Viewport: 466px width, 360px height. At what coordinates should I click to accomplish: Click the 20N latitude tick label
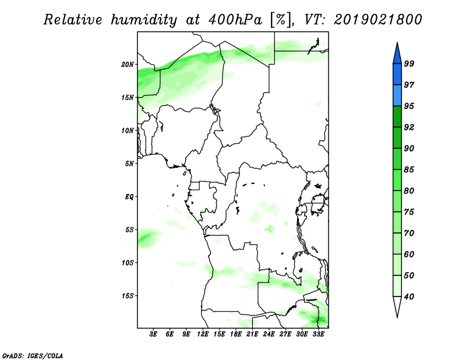pyautogui.click(x=128, y=65)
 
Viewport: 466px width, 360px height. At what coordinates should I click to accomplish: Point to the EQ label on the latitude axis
pyautogui.click(x=129, y=197)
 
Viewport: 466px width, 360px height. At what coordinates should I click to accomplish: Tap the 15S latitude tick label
pyautogui.click(x=128, y=296)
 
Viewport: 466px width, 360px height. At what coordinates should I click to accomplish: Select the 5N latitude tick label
pyautogui.click(x=129, y=164)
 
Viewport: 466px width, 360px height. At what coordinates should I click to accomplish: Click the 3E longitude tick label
pyautogui.click(x=153, y=334)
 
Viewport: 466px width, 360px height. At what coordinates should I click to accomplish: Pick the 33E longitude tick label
pyautogui.click(x=318, y=334)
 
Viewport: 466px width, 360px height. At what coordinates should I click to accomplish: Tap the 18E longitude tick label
pyautogui.click(x=236, y=334)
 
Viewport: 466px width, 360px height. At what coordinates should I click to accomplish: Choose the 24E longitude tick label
pyautogui.click(x=269, y=334)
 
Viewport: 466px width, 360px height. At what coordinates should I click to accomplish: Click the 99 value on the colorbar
pyautogui.click(x=409, y=63)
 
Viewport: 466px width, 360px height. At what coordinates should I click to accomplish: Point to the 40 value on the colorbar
pyautogui.click(x=409, y=297)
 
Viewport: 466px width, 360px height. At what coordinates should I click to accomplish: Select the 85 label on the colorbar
pyautogui.click(x=409, y=170)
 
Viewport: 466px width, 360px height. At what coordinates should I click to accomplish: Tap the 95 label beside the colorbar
pyautogui.click(x=409, y=106)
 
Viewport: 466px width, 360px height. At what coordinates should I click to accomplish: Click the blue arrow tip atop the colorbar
pyautogui.click(x=397, y=43)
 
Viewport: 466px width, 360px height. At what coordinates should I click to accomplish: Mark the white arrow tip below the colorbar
pyautogui.click(x=397, y=317)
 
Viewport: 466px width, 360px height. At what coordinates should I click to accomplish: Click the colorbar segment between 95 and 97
pyautogui.click(x=397, y=96)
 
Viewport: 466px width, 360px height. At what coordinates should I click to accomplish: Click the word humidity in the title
pyautogui.click(x=144, y=20)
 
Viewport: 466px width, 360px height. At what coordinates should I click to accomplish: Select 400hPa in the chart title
pyautogui.click(x=235, y=20)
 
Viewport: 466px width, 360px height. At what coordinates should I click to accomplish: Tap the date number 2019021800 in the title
pyautogui.click(x=377, y=20)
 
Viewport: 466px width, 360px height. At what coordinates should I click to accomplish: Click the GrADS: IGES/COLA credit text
pyautogui.click(x=33, y=355)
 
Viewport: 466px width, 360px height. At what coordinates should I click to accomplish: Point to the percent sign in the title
pyautogui.click(x=281, y=20)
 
